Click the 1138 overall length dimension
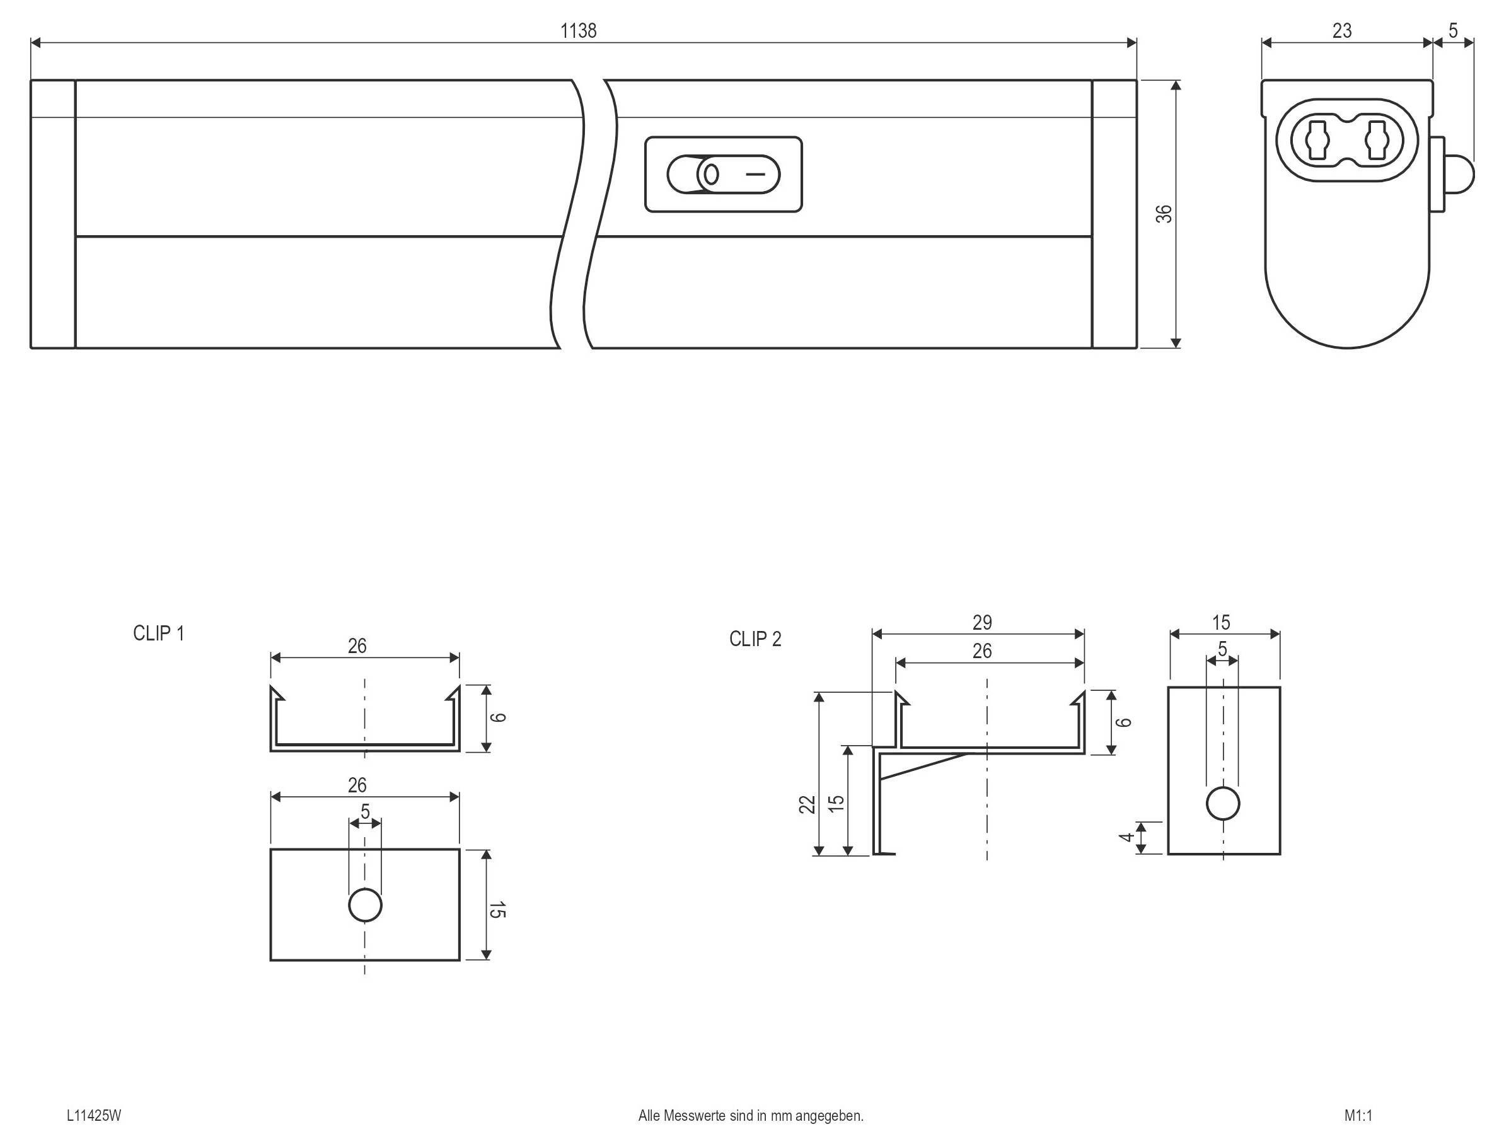[578, 31]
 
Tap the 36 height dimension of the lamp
[1164, 214]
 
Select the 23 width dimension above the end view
[1341, 31]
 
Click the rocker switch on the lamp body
[723, 175]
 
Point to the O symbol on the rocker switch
[711, 175]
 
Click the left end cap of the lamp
[53, 214]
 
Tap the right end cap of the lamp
[1114, 214]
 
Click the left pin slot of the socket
[1317, 141]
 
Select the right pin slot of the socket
[1377, 141]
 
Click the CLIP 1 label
[158, 634]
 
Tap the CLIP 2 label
[755, 639]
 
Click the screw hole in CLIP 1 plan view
[365, 905]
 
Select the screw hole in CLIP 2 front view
[1222, 804]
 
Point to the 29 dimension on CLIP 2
[981, 622]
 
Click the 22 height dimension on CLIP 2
[807, 804]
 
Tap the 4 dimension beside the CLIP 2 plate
[1126, 837]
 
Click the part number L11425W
[94, 1115]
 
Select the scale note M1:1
[1358, 1115]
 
